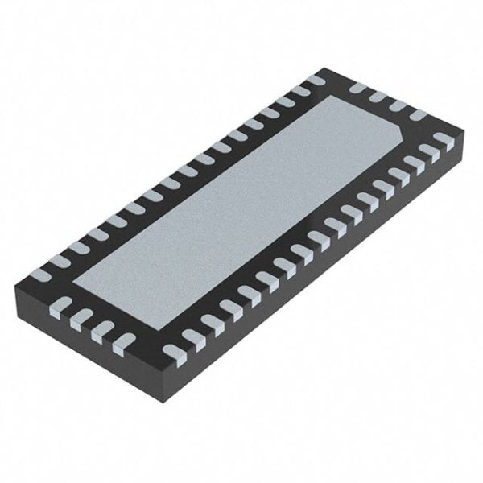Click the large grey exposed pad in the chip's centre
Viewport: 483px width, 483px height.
[x=242, y=201]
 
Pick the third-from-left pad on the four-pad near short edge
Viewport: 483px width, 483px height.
[x=101, y=332]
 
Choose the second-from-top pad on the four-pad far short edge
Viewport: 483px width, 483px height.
[x=378, y=96]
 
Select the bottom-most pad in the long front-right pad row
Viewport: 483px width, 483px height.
[x=174, y=351]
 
